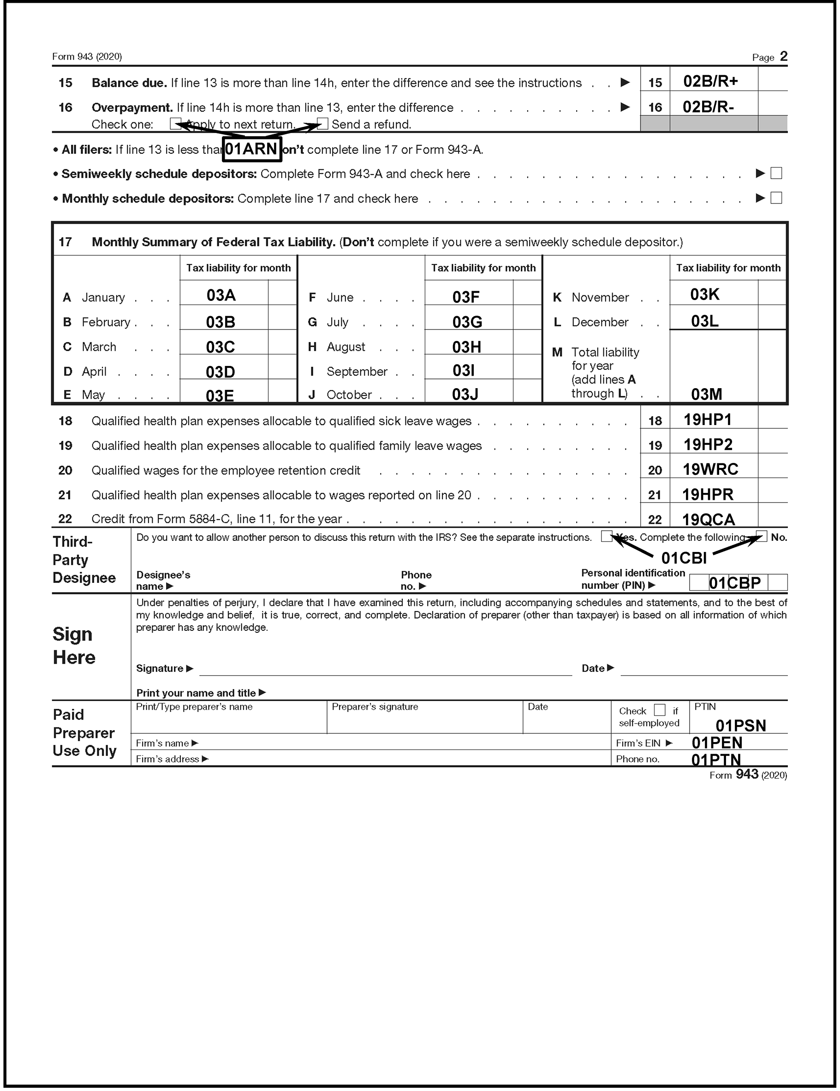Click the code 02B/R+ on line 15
(x=710, y=81)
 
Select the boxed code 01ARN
(x=252, y=150)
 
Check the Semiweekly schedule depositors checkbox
(x=776, y=174)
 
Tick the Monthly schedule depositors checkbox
(x=776, y=198)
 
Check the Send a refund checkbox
(x=322, y=124)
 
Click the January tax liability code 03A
(x=221, y=295)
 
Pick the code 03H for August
(x=466, y=347)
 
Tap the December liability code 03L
(x=705, y=321)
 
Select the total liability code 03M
(x=706, y=394)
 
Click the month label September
(x=357, y=372)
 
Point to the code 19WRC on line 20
(x=710, y=469)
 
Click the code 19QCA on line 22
(x=708, y=520)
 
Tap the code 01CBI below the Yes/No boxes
(x=684, y=558)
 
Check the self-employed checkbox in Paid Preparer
(x=660, y=710)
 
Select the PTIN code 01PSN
(x=741, y=725)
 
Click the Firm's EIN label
(x=638, y=743)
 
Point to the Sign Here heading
(x=73, y=645)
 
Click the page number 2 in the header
(x=784, y=56)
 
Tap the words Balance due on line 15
(x=129, y=83)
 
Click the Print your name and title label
(x=196, y=693)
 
